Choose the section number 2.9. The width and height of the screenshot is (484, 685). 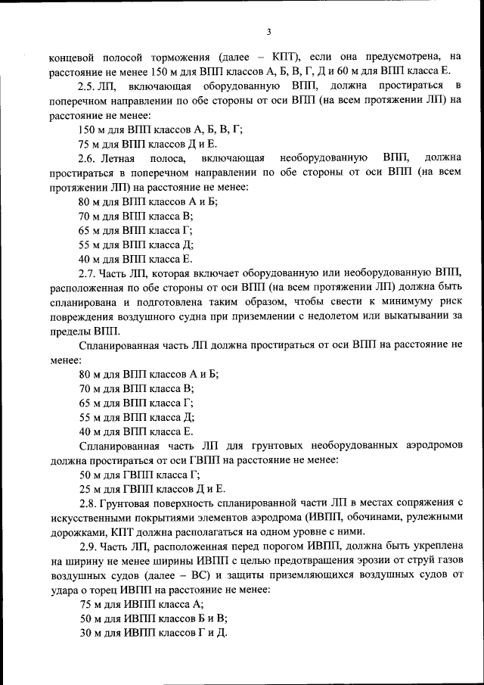(89, 546)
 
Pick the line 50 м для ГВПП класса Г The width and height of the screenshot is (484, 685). (139, 475)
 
